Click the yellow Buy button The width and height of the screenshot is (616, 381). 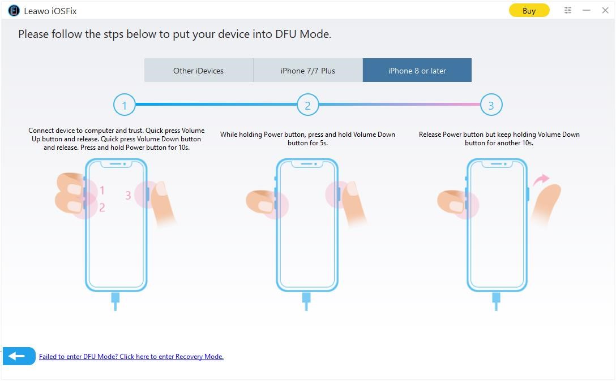pyautogui.click(x=529, y=11)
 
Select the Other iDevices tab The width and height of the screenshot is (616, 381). pyautogui.click(x=198, y=70)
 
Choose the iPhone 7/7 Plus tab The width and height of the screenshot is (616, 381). pyautogui.click(x=307, y=70)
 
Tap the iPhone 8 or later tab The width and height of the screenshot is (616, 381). pyautogui.click(x=417, y=70)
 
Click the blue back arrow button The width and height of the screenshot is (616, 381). pyautogui.click(x=19, y=356)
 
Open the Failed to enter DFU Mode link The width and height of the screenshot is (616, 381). pyautogui.click(x=131, y=356)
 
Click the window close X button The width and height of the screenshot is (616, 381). pyautogui.click(x=605, y=10)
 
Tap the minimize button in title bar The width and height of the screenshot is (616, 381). pyautogui.click(x=587, y=10)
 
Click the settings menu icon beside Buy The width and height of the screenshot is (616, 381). pyautogui.click(x=568, y=10)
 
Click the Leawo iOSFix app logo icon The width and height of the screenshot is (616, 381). pyautogui.click(x=14, y=11)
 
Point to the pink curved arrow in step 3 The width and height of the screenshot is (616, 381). pyautogui.click(x=541, y=180)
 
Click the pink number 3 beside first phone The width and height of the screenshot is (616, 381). pyautogui.click(x=128, y=195)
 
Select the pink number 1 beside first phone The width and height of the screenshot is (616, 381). pyautogui.click(x=102, y=190)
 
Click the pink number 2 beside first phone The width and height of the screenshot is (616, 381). pyautogui.click(x=102, y=207)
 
